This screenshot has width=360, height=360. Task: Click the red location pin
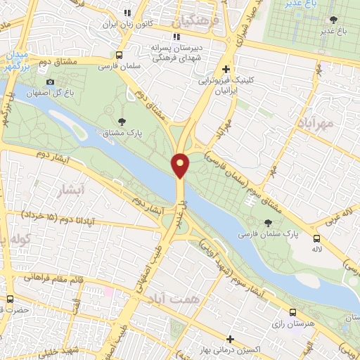point(181,165)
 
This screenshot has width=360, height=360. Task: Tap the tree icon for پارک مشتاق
point(122,122)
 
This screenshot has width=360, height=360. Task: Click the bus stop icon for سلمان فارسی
point(119,55)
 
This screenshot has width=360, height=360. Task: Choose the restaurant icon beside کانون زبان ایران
point(127,13)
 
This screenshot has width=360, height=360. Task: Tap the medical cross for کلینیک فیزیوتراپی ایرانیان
point(224,69)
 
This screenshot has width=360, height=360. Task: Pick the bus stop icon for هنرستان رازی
point(293,313)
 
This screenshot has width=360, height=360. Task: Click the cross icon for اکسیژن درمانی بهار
point(231,339)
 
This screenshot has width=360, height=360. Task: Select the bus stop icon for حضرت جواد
point(9,299)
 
